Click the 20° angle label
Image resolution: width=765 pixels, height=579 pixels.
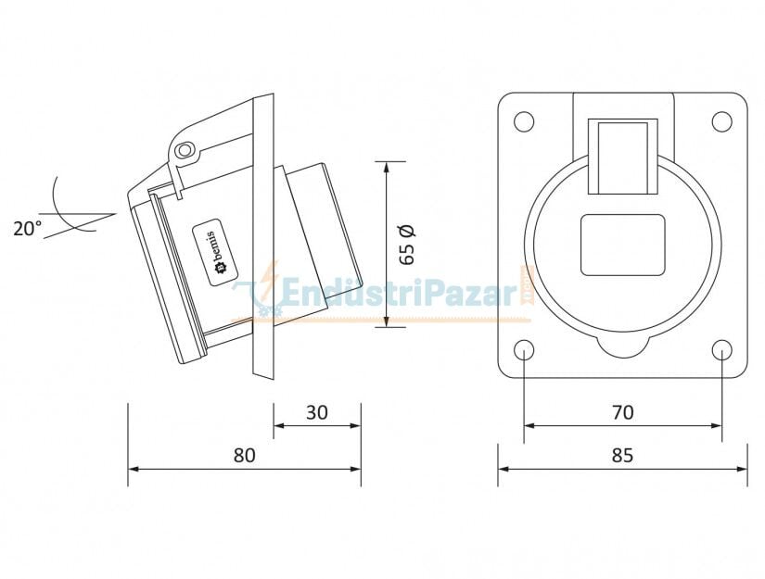(27, 228)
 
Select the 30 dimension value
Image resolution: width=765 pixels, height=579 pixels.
(317, 412)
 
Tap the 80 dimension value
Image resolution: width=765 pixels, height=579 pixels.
(244, 455)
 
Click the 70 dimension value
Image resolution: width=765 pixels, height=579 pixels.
(623, 412)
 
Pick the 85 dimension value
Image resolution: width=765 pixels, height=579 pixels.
(623, 455)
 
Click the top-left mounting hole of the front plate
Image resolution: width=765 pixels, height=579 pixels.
(524, 120)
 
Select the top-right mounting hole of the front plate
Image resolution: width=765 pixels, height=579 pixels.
(721, 120)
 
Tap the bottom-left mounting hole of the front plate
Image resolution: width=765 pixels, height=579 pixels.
(524, 349)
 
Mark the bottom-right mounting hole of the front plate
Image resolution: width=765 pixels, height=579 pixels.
(721, 349)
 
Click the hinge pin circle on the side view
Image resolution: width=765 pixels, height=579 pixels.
(186, 149)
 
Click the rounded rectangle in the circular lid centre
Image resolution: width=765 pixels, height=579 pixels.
(622, 245)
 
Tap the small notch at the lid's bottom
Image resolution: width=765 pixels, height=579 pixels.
(622, 347)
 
